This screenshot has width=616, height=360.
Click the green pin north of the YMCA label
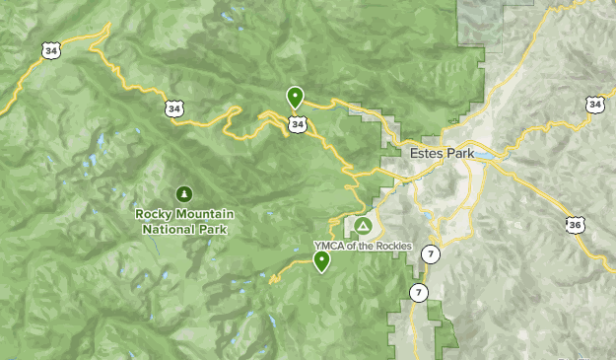tap(295, 97)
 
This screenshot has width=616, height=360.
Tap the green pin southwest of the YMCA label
tap(321, 260)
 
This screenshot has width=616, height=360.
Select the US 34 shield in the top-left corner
tap(50, 48)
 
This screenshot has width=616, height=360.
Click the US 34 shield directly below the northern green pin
tap(297, 124)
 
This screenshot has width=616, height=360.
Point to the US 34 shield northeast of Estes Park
tap(594, 104)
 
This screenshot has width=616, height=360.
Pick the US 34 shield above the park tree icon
tap(174, 108)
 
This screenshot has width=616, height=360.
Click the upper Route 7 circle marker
tap(430, 253)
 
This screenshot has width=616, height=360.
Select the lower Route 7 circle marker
tap(419, 293)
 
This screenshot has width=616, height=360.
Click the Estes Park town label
tap(441, 154)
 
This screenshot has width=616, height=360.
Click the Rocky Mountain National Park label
tap(182, 221)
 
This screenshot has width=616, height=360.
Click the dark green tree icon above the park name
tap(182, 193)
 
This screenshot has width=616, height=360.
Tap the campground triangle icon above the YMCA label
tap(363, 226)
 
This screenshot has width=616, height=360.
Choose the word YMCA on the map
tap(326, 246)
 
